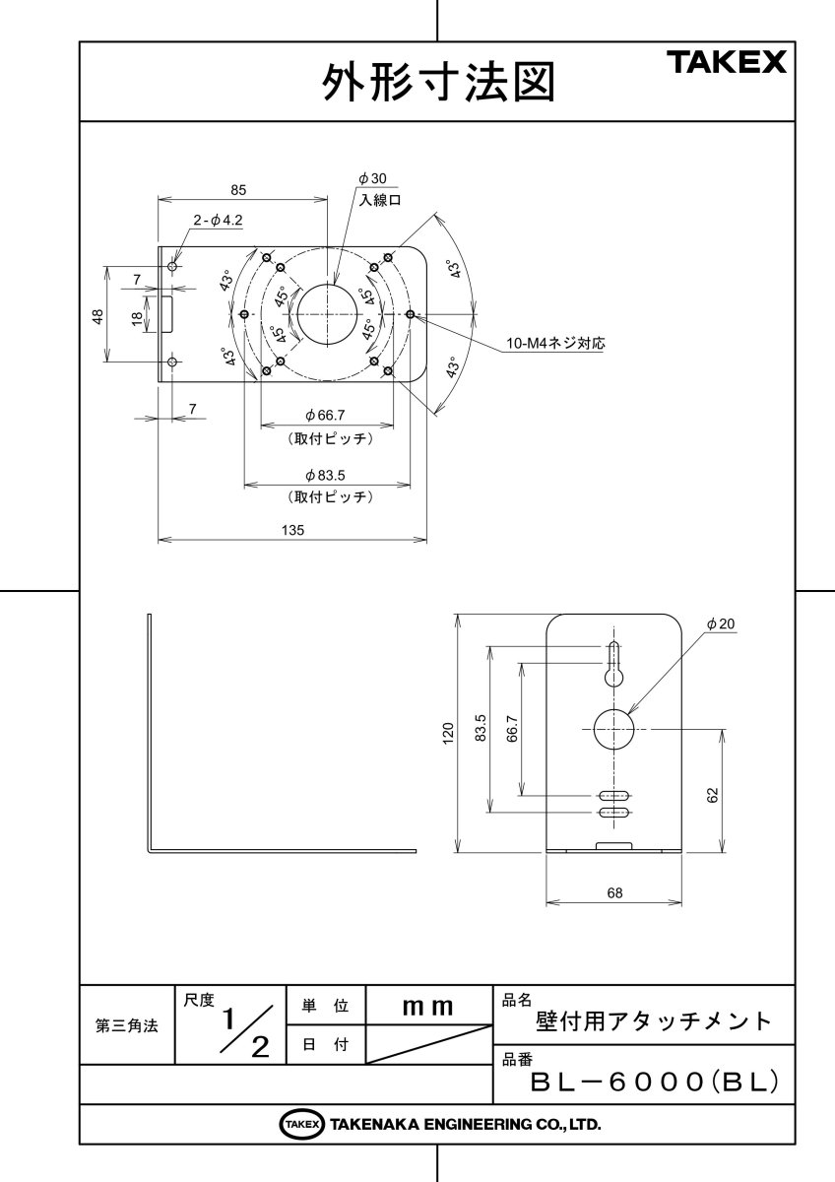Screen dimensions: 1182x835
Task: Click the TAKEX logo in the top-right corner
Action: (729, 64)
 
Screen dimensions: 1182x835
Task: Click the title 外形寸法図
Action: (438, 84)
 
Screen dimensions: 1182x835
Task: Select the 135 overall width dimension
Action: (292, 530)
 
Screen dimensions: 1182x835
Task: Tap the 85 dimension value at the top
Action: (238, 189)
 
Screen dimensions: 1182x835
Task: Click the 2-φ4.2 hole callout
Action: (218, 222)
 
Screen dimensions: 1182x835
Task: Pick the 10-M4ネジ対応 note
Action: (555, 344)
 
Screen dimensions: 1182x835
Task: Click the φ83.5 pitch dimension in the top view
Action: (326, 475)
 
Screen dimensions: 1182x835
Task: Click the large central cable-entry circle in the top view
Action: (326, 314)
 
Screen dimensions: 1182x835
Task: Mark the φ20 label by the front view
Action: (721, 624)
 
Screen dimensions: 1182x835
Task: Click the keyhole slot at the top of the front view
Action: (613, 666)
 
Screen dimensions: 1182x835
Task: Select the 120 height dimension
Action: (449, 732)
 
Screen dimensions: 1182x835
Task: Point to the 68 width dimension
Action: (614, 892)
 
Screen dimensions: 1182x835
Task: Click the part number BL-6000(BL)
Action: (655, 1082)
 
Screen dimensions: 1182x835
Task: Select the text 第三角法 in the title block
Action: (126, 1025)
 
